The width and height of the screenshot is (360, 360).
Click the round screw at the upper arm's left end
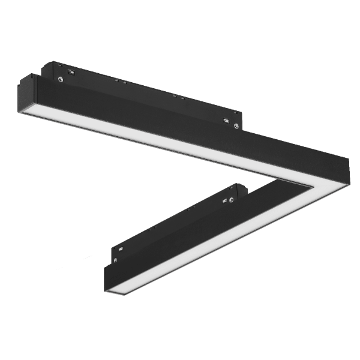click(x=61, y=78)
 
